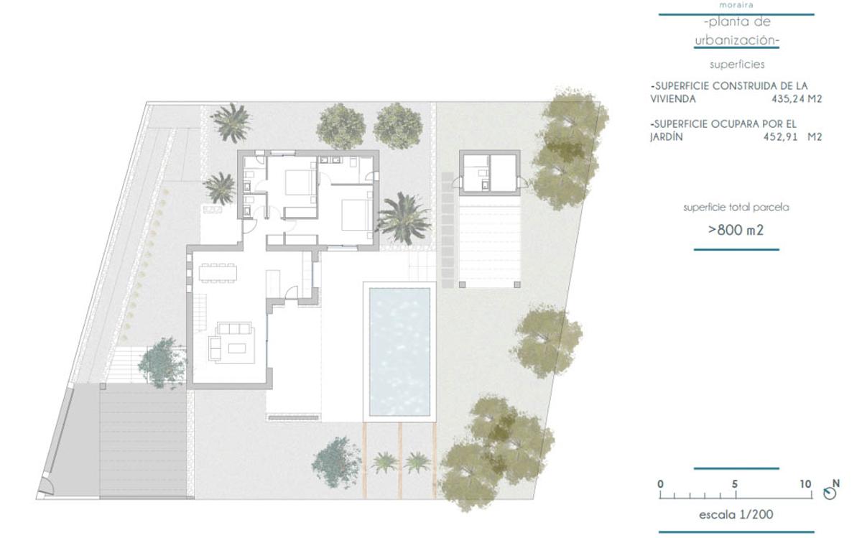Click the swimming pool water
tap(399, 352)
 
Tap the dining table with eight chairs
tap(218, 273)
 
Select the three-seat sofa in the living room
tap(234, 328)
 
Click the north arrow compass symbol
tap(830, 493)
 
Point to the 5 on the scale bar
tap(735, 483)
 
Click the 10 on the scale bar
tap(805, 483)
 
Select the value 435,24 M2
tap(797, 99)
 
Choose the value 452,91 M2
tap(793, 136)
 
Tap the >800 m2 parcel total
tap(736, 230)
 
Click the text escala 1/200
tap(736, 514)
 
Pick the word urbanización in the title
tap(736, 40)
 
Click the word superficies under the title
tap(737, 64)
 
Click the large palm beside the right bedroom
tap(403, 218)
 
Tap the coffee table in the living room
tap(236, 348)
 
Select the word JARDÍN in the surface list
tap(667, 136)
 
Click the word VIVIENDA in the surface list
tap(673, 99)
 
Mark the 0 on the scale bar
tap(660, 483)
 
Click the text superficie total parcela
tap(736, 208)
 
